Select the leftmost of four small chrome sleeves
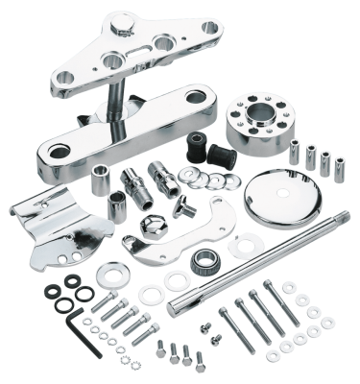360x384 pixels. (x=294, y=146)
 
